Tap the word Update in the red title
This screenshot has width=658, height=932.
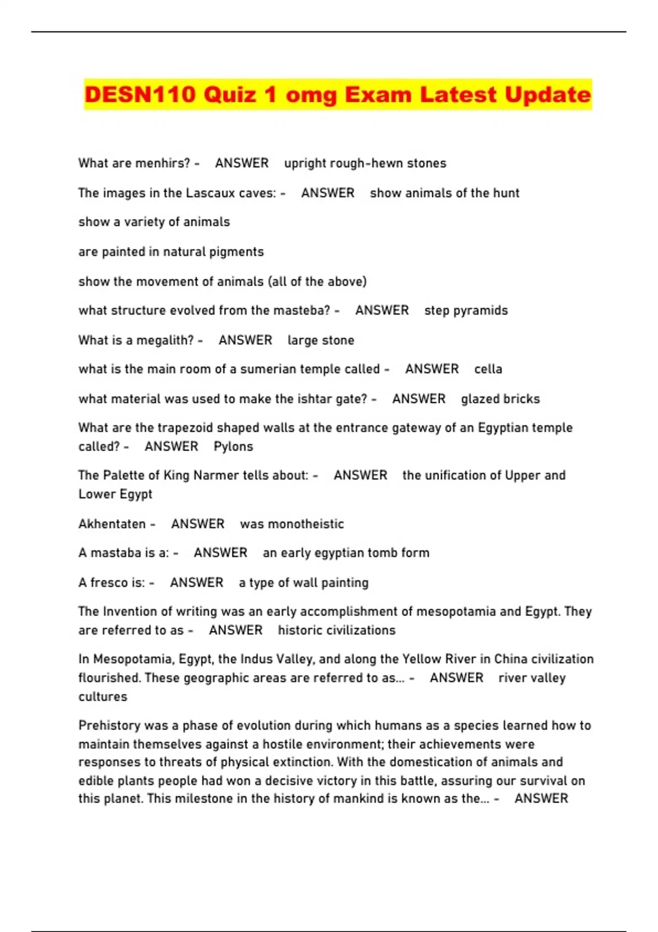[x=548, y=95]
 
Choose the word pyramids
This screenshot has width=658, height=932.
[x=481, y=311]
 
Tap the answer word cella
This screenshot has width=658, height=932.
[x=488, y=370]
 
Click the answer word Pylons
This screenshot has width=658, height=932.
[x=234, y=447]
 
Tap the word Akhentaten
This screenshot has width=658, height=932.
[x=112, y=524]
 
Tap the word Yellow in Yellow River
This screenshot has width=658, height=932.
[x=420, y=659]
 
